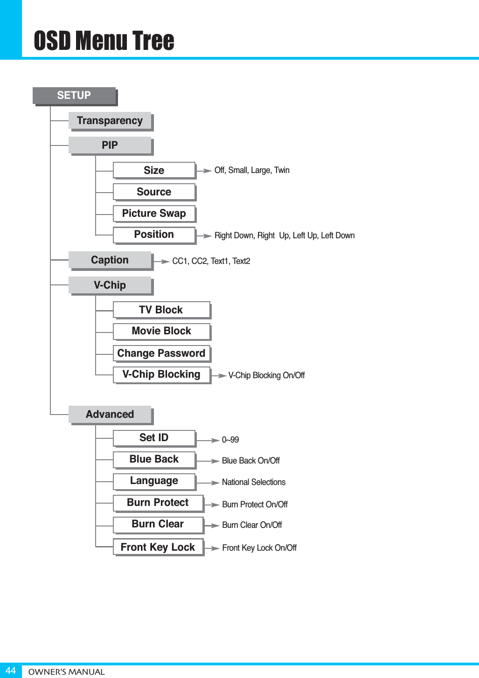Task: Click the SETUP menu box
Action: (74, 96)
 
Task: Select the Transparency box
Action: (110, 121)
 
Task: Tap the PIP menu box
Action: (110, 145)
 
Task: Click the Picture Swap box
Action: (154, 214)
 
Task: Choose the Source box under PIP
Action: (154, 192)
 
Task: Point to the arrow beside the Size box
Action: (205, 171)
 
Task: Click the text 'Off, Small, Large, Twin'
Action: (252, 170)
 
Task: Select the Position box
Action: (154, 235)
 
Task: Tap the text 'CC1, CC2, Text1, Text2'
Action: (211, 261)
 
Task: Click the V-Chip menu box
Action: (110, 285)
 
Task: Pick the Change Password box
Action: (161, 353)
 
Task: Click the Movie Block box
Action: (161, 331)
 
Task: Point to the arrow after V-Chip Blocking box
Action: (219, 375)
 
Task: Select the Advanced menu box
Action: (110, 414)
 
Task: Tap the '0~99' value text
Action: (230, 440)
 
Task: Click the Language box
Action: (154, 481)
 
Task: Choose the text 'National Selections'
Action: (254, 482)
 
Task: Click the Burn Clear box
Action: (158, 524)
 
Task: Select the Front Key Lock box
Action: (158, 547)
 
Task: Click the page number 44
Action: (10, 671)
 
